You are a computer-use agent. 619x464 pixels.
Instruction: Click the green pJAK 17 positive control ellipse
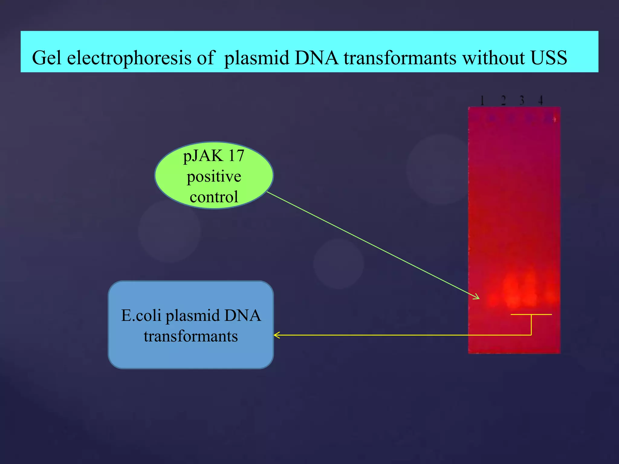[214, 176]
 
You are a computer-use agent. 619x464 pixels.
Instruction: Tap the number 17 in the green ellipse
[236, 156]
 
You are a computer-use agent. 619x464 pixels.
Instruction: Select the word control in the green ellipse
[214, 197]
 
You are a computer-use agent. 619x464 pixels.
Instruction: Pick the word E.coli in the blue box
[141, 315]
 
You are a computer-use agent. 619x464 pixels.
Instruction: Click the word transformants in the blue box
[191, 336]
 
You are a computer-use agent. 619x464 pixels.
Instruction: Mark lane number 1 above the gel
[482, 100]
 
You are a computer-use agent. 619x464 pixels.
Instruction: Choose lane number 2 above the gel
[503, 100]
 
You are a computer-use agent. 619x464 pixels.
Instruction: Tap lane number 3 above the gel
[522, 100]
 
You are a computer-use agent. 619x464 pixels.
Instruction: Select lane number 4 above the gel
[540, 100]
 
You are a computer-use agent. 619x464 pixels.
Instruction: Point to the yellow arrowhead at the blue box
[276, 335]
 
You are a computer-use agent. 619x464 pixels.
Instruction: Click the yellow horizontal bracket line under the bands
[531, 314]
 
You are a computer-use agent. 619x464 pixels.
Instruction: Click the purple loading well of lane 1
[492, 118]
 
